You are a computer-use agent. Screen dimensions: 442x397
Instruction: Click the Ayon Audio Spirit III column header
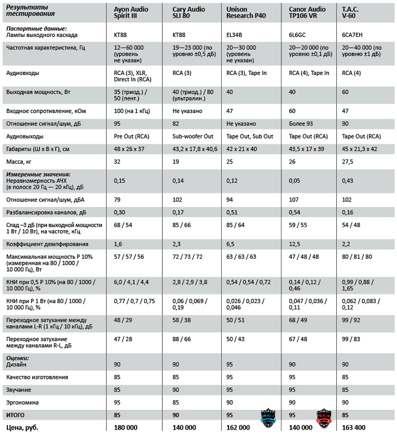[132, 12]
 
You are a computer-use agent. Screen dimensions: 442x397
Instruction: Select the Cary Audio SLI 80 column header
[190, 12]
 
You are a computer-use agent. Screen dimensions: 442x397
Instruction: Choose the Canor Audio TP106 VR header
[308, 12]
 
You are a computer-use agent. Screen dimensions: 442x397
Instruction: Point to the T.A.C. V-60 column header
[350, 12]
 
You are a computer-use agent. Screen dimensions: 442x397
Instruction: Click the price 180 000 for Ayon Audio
[128, 427]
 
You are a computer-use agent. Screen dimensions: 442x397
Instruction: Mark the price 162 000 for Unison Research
[238, 427]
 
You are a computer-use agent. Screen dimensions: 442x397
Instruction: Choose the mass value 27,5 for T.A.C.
[348, 162]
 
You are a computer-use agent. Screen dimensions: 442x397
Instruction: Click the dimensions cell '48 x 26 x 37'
[129, 148]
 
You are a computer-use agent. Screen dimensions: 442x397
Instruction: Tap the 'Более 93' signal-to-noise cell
[301, 123]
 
